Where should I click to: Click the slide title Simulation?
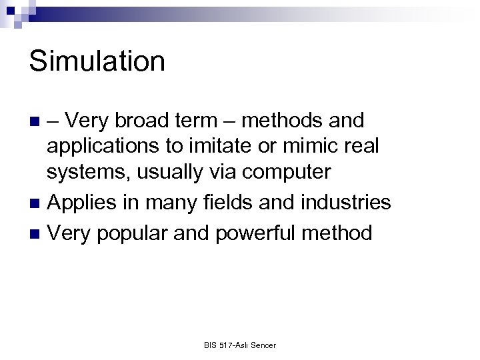tap(97, 61)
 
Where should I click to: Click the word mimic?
tap(320, 146)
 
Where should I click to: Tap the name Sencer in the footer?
tap(263, 345)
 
